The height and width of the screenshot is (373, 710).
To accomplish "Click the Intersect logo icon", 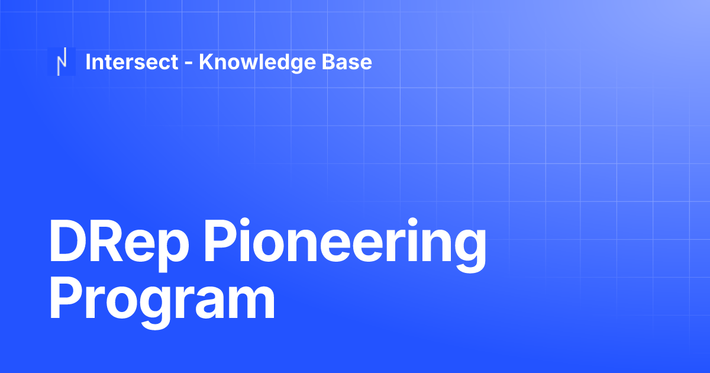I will (x=62, y=62).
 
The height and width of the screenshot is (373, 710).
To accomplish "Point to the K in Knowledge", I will (x=206, y=62).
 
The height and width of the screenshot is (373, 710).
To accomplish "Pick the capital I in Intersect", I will (x=88, y=62).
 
